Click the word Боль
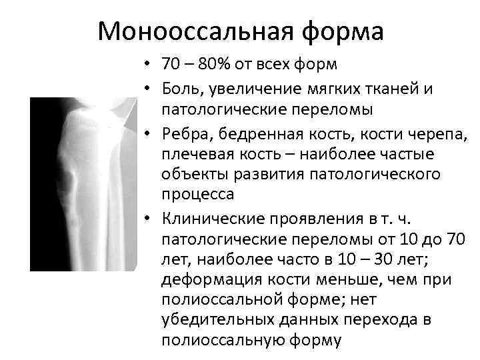tap(181, 85)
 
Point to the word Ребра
tap(183, 134)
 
